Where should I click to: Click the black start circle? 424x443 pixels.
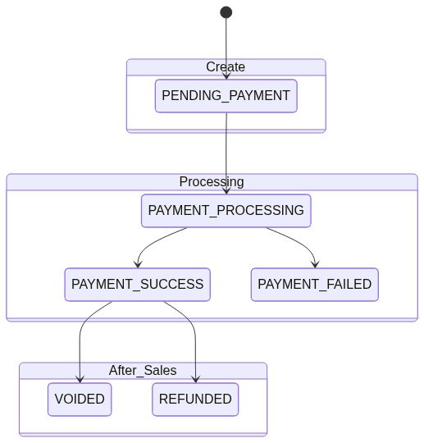point(226,12)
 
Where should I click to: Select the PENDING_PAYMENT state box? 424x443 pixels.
point(226,96)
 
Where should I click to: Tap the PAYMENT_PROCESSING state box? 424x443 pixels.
point(226,211)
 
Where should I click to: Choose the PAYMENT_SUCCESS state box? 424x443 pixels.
point(138,285)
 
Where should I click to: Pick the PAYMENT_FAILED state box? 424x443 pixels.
point(315,285)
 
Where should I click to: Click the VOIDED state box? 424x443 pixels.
point(80,400)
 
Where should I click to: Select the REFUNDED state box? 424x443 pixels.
point(195,400)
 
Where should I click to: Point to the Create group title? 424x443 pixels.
point(226,67)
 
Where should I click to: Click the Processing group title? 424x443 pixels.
point(212,181)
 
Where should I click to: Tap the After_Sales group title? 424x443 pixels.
point(143,370)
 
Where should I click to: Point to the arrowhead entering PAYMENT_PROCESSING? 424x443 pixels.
point(226,191)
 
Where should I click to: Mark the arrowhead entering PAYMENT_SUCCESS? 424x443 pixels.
point(138,265)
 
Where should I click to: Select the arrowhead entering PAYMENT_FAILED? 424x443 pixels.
point(315,265)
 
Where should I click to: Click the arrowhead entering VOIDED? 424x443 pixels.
point(80,380)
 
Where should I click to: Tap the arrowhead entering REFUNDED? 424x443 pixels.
point(195,380)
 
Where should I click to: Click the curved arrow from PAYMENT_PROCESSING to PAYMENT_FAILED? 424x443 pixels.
point(299,240)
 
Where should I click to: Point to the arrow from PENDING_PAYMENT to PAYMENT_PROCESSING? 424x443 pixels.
point(226,153)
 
